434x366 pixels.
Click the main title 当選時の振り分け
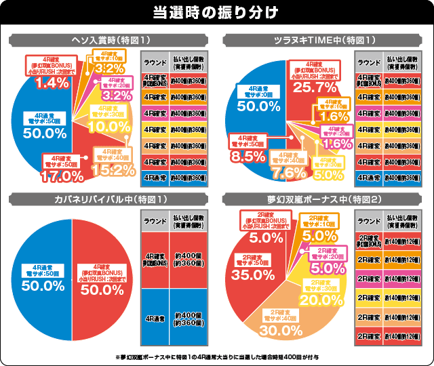coord(217,12)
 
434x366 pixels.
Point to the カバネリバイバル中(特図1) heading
coord(108,200)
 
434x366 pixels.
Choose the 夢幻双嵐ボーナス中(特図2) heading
coord(325,200)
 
